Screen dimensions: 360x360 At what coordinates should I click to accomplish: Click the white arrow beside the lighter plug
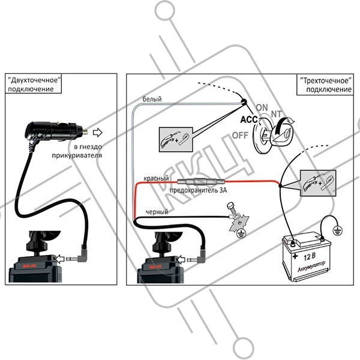click(x=99, y=131)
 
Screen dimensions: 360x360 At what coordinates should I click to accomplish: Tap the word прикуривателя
click(x=87, y=155)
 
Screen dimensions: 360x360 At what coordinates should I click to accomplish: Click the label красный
click(x=155, y=179)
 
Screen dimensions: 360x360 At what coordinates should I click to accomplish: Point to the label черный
click(x=157, y=211)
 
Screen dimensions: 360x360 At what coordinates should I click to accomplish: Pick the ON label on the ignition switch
click(x=263, y=107)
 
